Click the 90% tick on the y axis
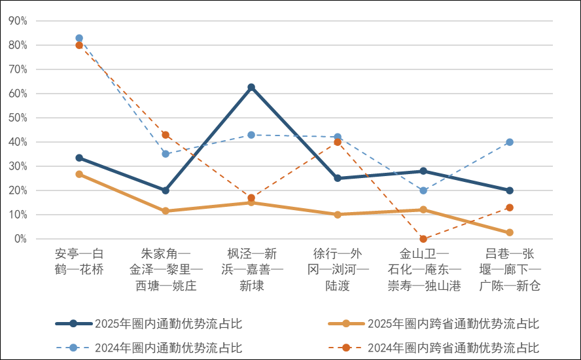pos(18,21)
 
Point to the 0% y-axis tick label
pos(20,239)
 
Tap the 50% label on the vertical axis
pos(18,118)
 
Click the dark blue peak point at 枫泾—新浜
pos(251,87)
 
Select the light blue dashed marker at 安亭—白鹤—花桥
pos(79,38)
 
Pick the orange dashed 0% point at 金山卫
pos(423,239)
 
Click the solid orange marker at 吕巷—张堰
pos(510,232)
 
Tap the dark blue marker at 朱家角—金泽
pos(166,190)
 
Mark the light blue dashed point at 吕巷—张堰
pos(510,142)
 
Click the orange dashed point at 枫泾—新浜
pos(251,198)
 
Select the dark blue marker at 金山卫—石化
pos(423,171)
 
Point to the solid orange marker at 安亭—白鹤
pos(79,174)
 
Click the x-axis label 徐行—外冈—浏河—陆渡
pos(338,270)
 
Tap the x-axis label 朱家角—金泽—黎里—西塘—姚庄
pos(166,270)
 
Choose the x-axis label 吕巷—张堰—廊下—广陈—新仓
pos(510,270)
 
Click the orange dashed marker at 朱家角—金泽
pos(166,135)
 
